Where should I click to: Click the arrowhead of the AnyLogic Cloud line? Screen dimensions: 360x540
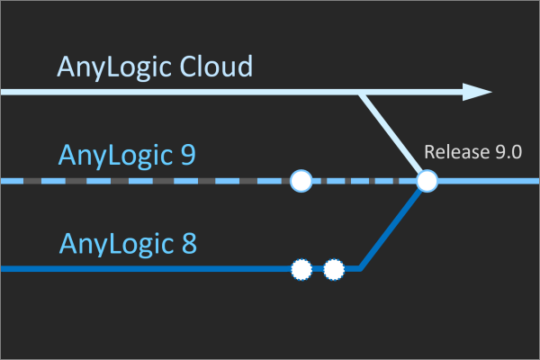tap(477, 92)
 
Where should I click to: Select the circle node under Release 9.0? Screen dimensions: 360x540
tap(427, 181)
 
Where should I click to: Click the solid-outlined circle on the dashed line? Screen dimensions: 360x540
tap(301, 181)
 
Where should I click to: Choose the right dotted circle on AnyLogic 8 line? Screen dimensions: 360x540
tap(334, 268)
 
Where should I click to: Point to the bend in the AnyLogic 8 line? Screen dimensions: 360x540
tap(360, 267)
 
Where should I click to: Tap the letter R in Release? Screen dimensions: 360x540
tap(429, 152)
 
